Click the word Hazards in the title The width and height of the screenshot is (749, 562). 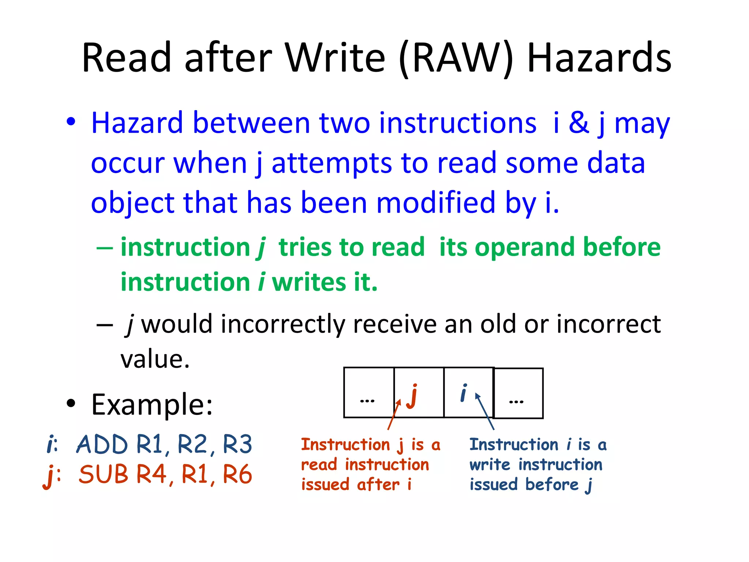[599, 58]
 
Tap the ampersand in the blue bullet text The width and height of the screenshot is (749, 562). [579, 123]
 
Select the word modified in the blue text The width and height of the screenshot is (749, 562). [435, 203]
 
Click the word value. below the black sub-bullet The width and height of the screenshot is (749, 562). [155, 359]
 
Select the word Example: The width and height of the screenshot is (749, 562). [152, 405]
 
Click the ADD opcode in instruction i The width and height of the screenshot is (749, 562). [102, 445]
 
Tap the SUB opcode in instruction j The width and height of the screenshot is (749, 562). [103, 475]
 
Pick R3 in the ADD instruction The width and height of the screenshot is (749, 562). [237, 445]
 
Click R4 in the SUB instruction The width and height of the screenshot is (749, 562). [151, 475]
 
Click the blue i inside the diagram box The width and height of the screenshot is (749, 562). [463, 393]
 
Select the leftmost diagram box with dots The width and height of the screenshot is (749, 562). [369, 392]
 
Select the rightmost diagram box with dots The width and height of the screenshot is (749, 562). [518, 393]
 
